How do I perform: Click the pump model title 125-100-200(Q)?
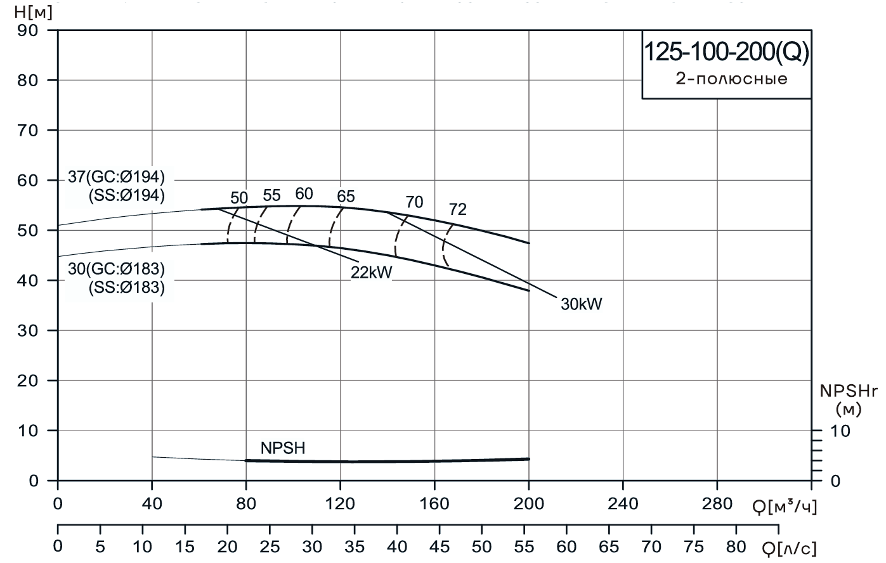pyautogui.click(x=726, y=53)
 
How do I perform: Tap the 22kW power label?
pyautogui.click(x=372, y=271)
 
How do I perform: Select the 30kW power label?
pyautogui.click(x=581, y=304)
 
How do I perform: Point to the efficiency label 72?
pyautogui.click(x=457, y=209)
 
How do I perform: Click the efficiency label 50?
pyautogui.click(x=239, y=197)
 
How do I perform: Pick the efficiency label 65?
pyautogui.click(x=346, y=197)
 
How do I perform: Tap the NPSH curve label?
pyautogui.click(x=283, y=448)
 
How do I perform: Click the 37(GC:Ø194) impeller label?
pyautogui.click(x=116, y=176)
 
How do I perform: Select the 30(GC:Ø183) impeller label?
pyautogui.click(x=116, y=269)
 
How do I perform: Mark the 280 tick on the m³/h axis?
pyautogui.click(x=717, y=503)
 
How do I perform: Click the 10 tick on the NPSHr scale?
pyautogui.click(x=839, y=431)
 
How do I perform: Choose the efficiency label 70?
pyautogui.click(x=414, y=202)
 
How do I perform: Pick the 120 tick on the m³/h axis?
pyautogui.click(x=340, y=503)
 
